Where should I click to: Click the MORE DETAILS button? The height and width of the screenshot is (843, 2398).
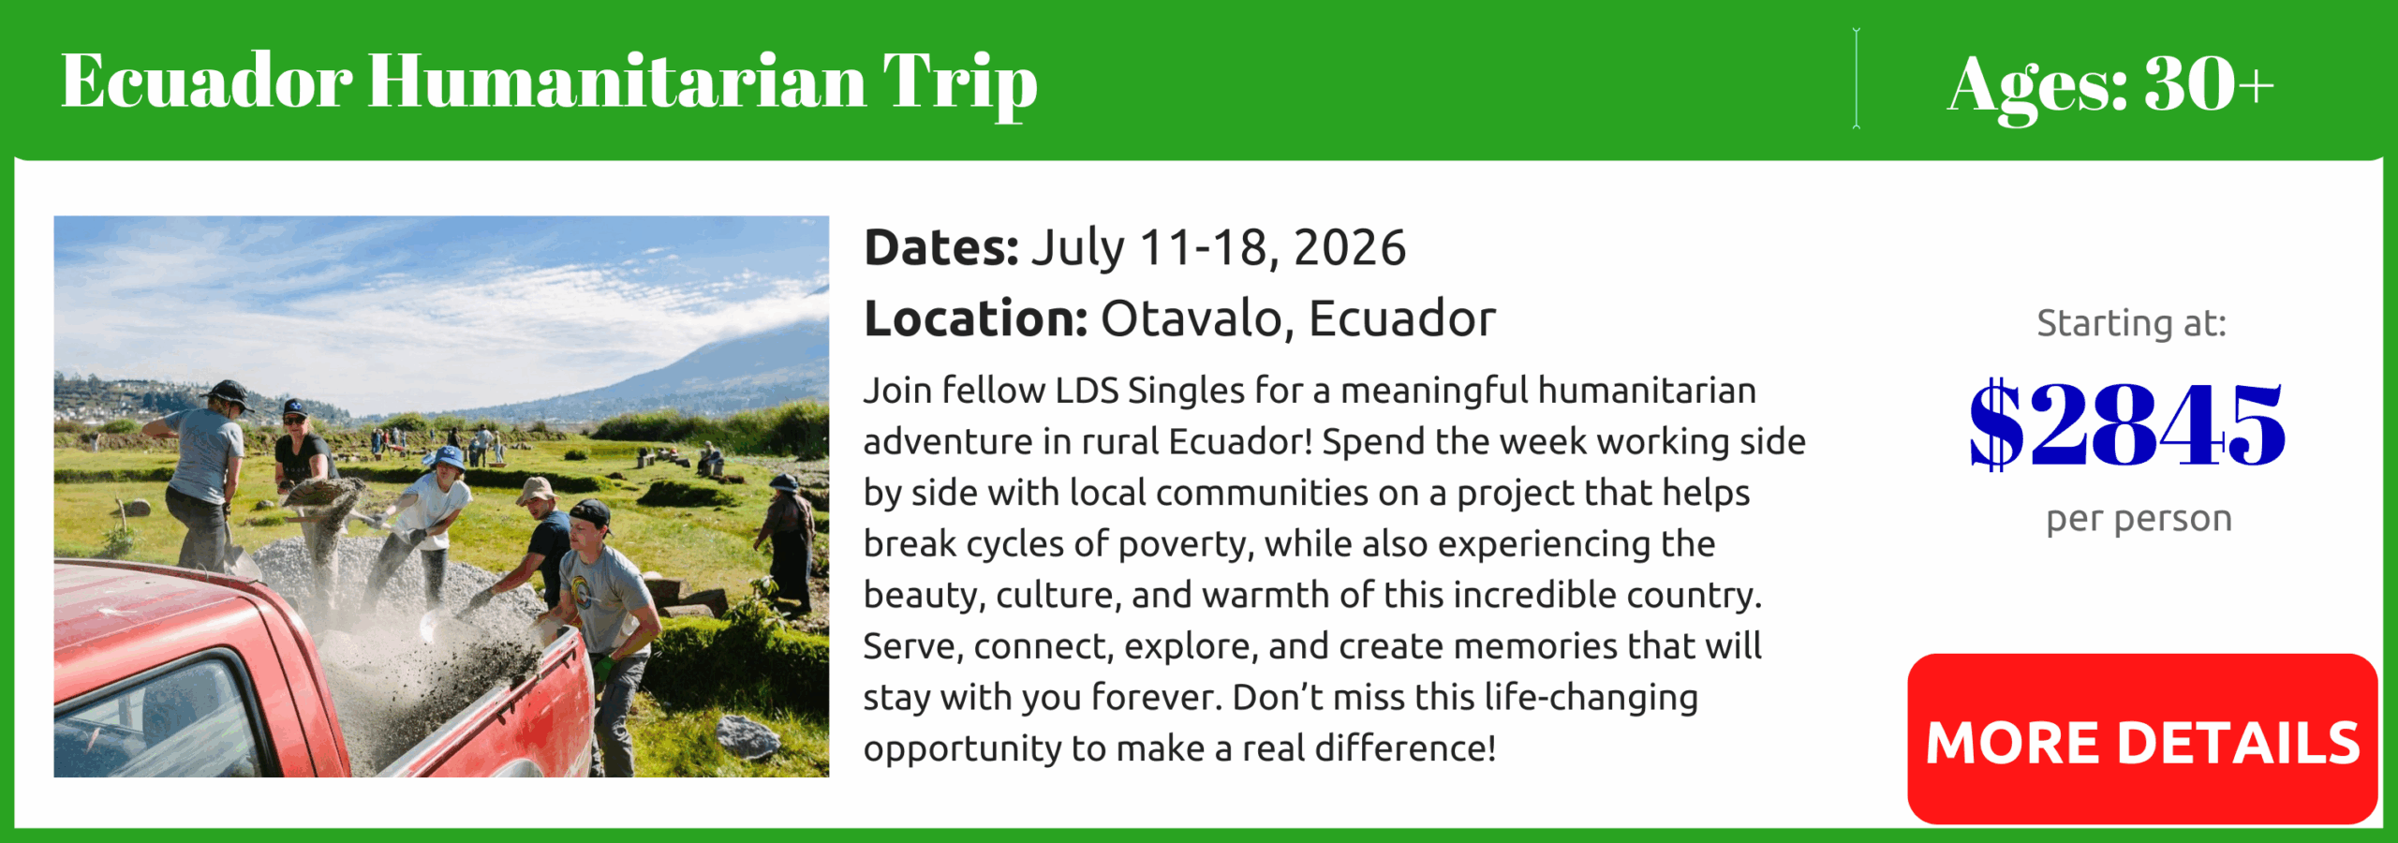[x=2142, y=739]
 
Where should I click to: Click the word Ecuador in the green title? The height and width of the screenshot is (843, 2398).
[x=207, y=81]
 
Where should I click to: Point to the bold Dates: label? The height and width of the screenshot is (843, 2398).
[x=941, y=248]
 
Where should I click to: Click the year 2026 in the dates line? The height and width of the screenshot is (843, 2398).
[x=1350, y=248]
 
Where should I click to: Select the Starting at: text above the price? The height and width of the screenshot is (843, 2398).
[x=2131, y=323]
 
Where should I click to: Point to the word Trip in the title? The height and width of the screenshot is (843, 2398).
[x=960, y=85]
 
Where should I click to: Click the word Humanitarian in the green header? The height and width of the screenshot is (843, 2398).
[x=617, y=81]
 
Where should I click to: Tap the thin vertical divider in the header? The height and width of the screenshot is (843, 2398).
[x=1856, y=79]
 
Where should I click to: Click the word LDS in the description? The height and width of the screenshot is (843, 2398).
[x=1087, y=391]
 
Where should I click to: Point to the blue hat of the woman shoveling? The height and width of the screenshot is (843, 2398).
[x=447, y=457]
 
